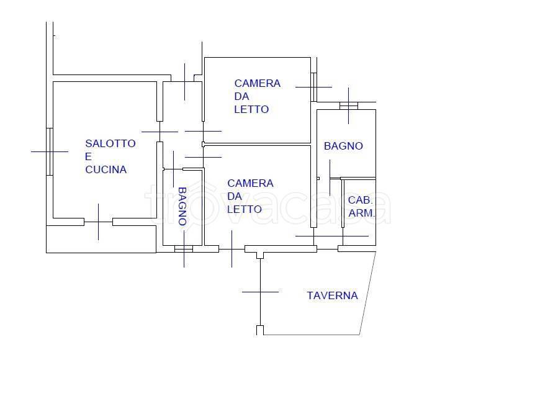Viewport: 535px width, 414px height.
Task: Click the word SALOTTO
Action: coord(110,143)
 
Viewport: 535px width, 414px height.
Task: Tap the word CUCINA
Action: coord(106,169)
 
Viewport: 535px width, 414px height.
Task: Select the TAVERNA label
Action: coord(332,295)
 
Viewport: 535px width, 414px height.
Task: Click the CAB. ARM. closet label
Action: coord(361,207)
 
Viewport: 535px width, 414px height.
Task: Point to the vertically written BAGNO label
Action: coord(182,206)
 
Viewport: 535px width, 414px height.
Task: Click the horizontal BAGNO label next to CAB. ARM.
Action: coord(343,146)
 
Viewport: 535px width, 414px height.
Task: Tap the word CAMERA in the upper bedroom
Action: coord(257,83)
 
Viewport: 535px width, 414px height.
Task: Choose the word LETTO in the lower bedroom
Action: coord(244,209)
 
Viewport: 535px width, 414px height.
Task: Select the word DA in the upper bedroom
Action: coord(241,96)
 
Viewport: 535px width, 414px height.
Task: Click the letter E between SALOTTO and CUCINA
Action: coord(88,156)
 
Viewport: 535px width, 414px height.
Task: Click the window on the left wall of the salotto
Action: coord(49,151)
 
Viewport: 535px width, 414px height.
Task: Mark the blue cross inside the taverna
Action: coord(260,291)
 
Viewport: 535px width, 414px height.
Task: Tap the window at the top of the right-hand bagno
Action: coord(349,106)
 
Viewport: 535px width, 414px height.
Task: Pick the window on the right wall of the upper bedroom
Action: coord(313,87)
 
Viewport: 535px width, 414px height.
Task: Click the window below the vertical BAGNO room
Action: coord(184,249)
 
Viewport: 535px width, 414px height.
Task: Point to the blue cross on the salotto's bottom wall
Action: coord(98,222)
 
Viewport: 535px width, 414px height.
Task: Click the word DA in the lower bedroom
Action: coord(235,196)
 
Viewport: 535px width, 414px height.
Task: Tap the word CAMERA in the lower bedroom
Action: coord(250,183)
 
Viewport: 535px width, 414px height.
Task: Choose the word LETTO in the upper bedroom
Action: coord(251,109)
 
